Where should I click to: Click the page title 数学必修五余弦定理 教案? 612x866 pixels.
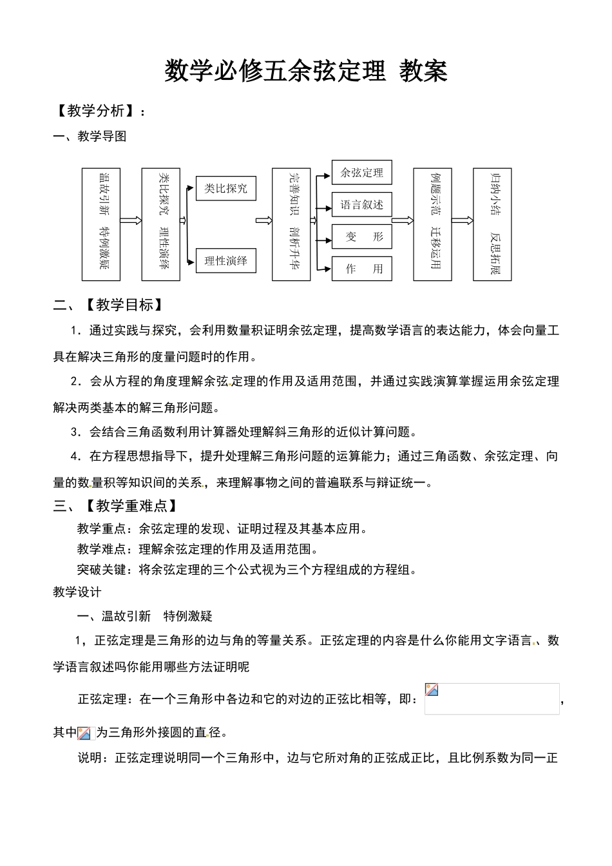pyautogui.click(x=305, y=71)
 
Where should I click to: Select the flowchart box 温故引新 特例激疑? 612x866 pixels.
pyautogui.click(x=101, y=224)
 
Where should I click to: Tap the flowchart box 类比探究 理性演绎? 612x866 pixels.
pyautogui.click(x=160, y=224)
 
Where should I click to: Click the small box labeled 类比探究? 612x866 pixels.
pyautogui.click(x=225, y=188)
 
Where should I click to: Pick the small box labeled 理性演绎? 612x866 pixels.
pyautogui.click(x=225, y=261)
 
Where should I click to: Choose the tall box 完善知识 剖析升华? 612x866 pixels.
pyautogui.click(x=291, y=224)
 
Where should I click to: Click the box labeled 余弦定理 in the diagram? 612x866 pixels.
pyautogui.click(x=361, y=173)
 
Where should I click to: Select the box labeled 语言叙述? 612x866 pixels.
pyautogui.click(x=361, y=205)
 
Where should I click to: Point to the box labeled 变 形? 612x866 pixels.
pyautogui.click(x=361, y=237)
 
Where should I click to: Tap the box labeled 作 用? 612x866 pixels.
pyautogui.click(x=361, y=269)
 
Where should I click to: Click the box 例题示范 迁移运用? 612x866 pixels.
pyautogui.click(x=432, y=224)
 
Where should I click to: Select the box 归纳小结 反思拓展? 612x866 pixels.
pyautogui.click(x=492, y=224)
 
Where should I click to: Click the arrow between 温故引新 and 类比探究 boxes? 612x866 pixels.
pyautogui.click(x=131, y=221)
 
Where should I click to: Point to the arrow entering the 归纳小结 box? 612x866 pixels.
pyautogui.click(x=462, y=221)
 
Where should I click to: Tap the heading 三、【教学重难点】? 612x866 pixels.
pyautogui.click(x=116, y=506)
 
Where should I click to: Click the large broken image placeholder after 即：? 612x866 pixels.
pyautogui.click(x=492, y=699)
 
